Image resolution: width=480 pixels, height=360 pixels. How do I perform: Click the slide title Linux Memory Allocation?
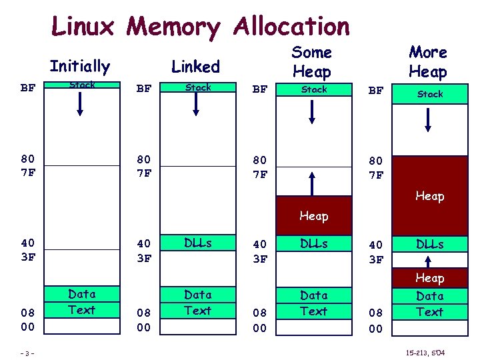200,27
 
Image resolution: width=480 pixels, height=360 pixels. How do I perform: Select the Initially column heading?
79,66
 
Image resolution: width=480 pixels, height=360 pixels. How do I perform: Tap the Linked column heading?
195,66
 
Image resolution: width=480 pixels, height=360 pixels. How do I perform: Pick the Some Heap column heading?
312,61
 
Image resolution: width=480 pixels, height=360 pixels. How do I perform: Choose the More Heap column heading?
428,61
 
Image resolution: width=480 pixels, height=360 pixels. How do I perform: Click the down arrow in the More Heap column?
429,117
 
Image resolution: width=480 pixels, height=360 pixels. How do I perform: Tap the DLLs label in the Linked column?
198,243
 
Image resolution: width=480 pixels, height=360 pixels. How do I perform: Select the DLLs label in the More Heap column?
430,244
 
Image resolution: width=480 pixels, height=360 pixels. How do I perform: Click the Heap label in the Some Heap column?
313,215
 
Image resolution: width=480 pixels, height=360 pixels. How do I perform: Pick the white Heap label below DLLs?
430,277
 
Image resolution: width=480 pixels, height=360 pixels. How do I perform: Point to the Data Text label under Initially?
82,301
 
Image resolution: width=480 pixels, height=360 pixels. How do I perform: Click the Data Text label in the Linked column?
198,302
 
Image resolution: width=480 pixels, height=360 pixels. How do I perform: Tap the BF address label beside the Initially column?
28,88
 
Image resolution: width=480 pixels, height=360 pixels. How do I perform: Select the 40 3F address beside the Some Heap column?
260,251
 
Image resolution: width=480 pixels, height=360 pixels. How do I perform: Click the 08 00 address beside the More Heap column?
376,320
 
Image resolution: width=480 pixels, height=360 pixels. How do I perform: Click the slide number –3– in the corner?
27,351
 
